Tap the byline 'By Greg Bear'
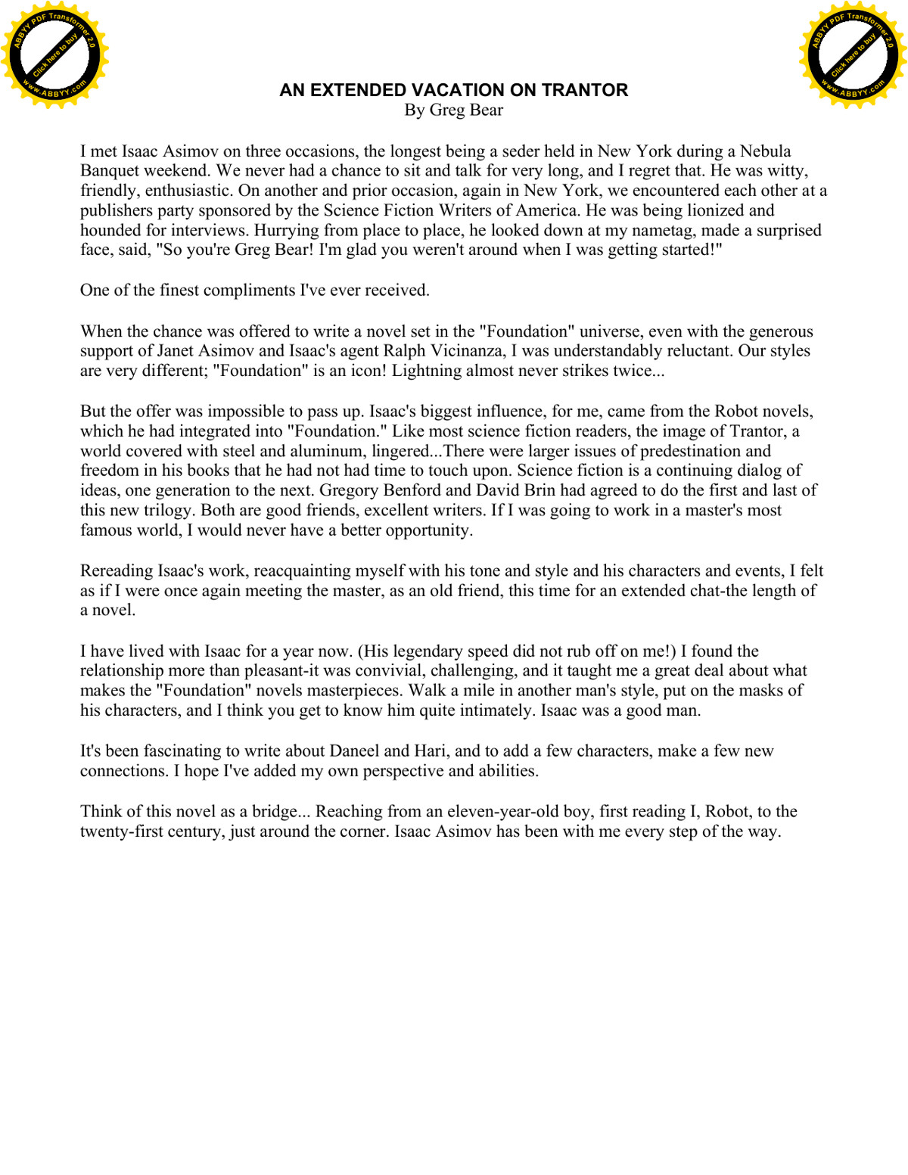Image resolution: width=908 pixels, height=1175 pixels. coord(453,110)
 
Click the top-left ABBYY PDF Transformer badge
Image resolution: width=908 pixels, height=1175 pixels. coord(54,55)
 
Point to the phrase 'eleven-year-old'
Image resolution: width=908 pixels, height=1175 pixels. coord(503,811)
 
